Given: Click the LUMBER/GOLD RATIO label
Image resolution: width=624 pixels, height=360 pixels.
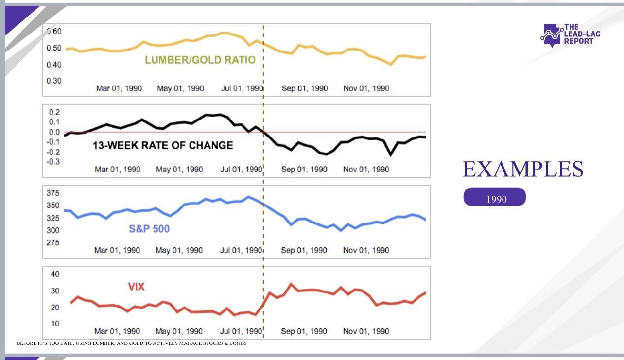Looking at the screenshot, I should pyautogui.click(x=200, y=60).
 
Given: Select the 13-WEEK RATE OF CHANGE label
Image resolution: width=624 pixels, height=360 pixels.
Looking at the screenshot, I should pyautogui.click(x=163, y=145).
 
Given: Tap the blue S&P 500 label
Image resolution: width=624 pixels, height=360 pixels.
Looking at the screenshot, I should pyautogui.click(x=149, y=228).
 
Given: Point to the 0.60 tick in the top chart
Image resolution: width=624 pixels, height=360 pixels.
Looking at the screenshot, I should pyautogui.click(x=53, y=31).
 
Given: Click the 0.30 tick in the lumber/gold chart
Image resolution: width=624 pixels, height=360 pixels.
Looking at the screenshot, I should pyautogui.click(x=53, y=80).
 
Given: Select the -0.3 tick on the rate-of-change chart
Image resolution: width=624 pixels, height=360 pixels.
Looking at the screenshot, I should pyautogui.click(x=53, y=161).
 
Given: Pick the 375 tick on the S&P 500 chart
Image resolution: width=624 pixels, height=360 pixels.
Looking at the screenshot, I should pyautogui.click(x=53, y=193).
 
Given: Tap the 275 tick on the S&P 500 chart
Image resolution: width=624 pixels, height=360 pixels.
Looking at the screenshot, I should pyautogui.click(x=53, y=242).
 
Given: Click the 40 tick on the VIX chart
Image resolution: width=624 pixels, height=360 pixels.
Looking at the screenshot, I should pyautogui.click(x=55, y=274).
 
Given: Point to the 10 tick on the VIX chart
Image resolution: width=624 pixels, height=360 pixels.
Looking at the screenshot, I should pyautogui.click(x=55, y=323).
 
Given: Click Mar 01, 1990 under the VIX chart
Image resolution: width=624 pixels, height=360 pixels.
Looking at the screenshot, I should pyautogui.click(x=117, y=331).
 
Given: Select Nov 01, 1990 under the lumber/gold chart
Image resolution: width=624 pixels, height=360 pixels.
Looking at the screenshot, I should pyautogui.click(x=366, y=89).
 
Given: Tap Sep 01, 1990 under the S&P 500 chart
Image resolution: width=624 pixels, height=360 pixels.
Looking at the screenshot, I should pyautogui.click(x=304, y=250).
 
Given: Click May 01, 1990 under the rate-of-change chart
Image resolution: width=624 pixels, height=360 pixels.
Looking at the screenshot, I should pyautogui.click(x=179, y=170).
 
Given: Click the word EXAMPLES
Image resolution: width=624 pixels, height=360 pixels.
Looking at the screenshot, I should pyautogui.click(x=523, y=169).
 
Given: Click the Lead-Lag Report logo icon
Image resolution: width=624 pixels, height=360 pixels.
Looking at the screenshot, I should pyautogui.click(x=551, y=35).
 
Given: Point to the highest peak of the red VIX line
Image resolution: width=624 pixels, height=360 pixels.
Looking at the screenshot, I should pyautogui.click(x=291, y=284).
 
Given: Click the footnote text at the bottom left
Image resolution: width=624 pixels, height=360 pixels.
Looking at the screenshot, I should pyautogui.click(x=132, y=343).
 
